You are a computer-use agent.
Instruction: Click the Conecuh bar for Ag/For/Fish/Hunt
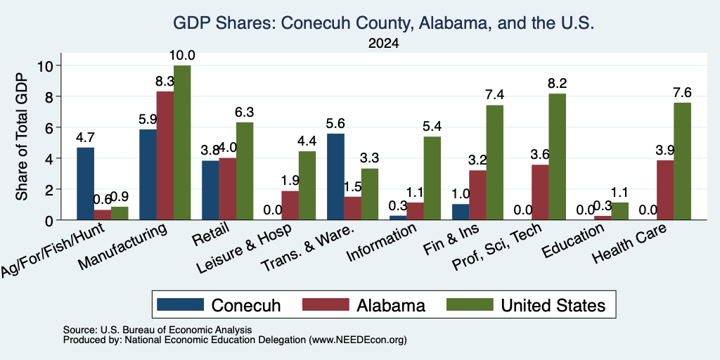(85, 184)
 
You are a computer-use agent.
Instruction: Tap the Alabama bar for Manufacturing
(165, 155)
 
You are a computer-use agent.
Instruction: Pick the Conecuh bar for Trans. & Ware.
(335, 176)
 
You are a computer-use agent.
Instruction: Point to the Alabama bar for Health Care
(665, 190)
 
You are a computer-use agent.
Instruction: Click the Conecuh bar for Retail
(210, 190)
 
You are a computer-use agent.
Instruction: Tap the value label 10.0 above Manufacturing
(182, 56)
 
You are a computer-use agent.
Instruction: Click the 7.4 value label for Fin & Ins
(495, 95)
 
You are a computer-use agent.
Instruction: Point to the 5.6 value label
(335, 124)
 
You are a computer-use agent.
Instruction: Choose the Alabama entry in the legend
(364, 305)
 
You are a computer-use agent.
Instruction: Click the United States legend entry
(526, 305)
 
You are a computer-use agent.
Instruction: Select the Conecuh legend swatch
(180, 305)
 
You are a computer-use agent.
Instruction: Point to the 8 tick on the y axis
(51, 96)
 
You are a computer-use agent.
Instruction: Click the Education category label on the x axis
(572, 241)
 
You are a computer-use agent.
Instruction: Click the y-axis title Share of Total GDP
(21, 136)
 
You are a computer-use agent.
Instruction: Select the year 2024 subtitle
(383, 44)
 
